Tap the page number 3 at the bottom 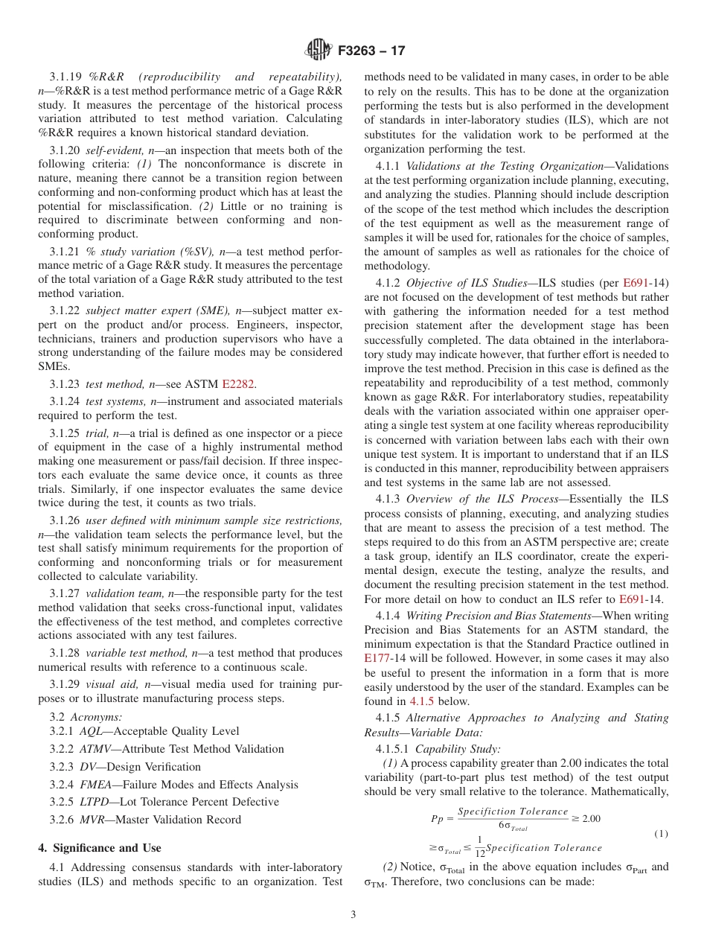(x=353, y=914)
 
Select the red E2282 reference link (x=238, y=384)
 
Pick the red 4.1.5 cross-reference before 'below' (x=421, y=701)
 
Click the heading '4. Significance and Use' (x=99, y=848)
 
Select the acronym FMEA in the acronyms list (x=96, y=785)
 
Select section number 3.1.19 (x=67, y=77)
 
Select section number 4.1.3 (x=388, y=499)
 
